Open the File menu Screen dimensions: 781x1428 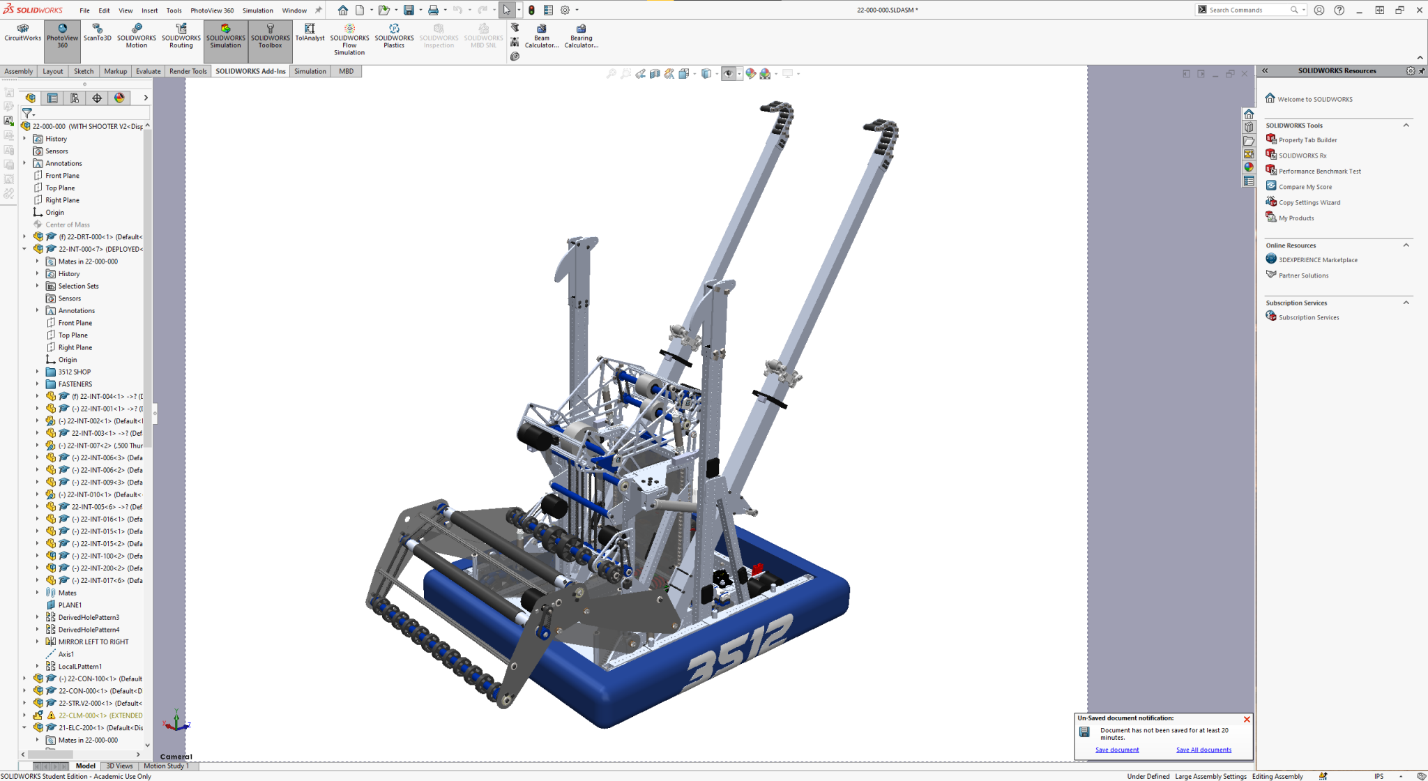click(x=84, y=10)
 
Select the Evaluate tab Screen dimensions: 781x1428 click(x=148, y=71)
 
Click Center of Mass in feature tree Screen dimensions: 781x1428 click(x=68, y=225)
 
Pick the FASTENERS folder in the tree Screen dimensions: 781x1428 click(x=75, y=384)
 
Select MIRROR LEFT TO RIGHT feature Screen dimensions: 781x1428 click(x=93, y=642)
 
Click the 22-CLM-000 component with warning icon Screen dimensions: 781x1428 click(x=100, y=715)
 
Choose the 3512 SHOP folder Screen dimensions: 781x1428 click(x=74, y=372)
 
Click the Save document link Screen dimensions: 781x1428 click(x=1116, y=750)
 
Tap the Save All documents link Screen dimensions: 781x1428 click(x=1203, y=750)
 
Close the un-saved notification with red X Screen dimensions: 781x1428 click(x=1247, y=719)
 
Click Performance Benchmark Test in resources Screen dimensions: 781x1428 click(x=1319, y=171)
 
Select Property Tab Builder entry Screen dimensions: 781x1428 click(x=1307, y=140)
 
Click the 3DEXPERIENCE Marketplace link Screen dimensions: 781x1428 click(x=1318, y=260)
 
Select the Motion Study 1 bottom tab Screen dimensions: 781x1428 click(x=166, y=766)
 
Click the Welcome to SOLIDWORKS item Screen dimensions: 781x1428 click(x=1314, y=99)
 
